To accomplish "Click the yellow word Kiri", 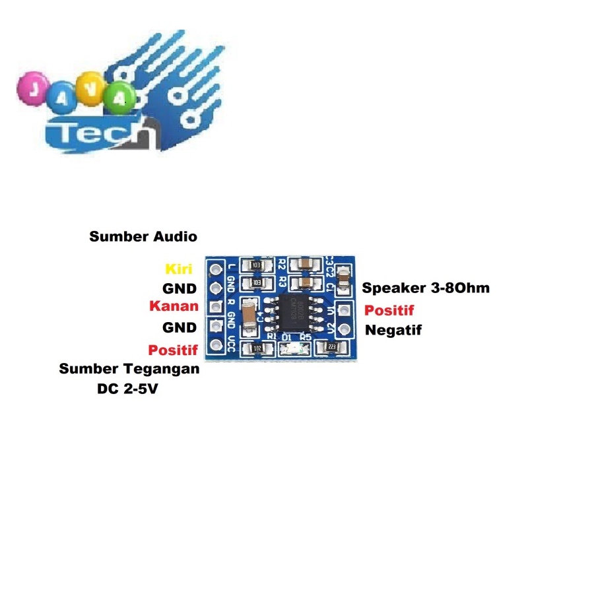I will (178, 269).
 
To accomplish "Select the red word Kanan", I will (174, 306).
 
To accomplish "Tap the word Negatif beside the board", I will (393, 329).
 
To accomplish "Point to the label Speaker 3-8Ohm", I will (426, 288).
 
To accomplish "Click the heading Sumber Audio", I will (143, 236).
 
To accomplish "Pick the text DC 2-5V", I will (127, 389).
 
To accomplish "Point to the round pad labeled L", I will (215, 269).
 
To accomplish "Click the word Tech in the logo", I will (102, 135).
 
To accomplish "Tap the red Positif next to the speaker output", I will (389, 310).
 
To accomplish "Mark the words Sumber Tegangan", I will (129, 369).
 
